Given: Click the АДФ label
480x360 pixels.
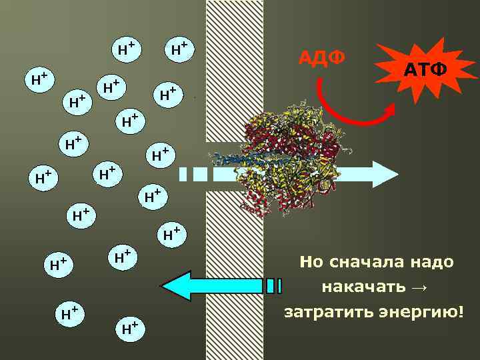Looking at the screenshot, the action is click(x=322, y=59).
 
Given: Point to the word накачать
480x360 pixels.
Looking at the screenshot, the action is click(x=363, y=287).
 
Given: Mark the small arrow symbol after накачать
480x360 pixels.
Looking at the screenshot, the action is click(x=418, y=287).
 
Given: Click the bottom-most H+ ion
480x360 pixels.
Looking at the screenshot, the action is click(x=131, y=327).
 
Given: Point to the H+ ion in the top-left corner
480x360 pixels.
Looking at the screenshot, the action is click(x=38, y=79).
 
